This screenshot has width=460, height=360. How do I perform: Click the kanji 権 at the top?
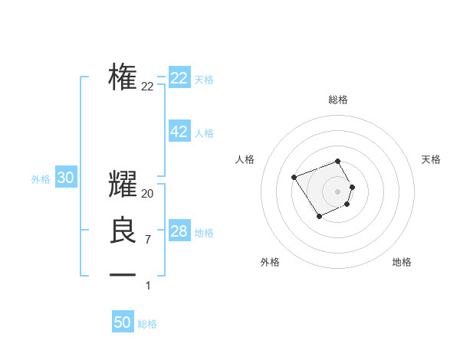coord(123,78)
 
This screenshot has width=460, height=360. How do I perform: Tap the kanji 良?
coord(123,231)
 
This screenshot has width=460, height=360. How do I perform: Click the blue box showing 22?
coord(179,78)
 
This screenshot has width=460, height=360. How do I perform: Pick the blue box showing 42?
coord(179,132)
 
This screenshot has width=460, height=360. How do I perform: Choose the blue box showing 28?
coord(179,231)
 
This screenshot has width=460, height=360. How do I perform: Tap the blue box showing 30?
coord(66,178)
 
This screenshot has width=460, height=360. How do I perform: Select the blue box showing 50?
coord(123,322)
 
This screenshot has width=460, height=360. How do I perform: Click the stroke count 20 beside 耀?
coord(148,194)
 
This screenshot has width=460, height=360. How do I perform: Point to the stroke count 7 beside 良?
coord(148,240)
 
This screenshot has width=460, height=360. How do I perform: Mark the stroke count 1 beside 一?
coord(148,286)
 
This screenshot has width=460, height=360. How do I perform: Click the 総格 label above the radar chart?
coord(338,100)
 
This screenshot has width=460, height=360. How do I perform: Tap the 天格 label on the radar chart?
coord(431,159)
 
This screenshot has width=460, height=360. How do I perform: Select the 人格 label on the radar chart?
coord(245,159)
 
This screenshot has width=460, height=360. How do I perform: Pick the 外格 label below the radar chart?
coord(270,262)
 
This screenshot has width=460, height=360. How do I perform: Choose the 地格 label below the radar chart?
coord(402,262)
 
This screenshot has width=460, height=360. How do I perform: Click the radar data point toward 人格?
coord(294,178)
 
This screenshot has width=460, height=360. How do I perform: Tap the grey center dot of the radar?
coord(338,191)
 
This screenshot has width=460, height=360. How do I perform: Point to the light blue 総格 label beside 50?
coord(147,324)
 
